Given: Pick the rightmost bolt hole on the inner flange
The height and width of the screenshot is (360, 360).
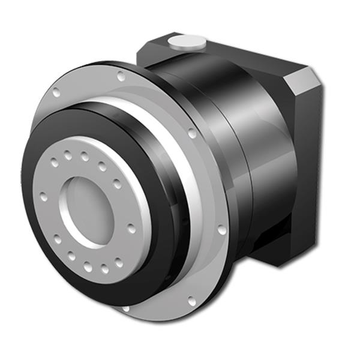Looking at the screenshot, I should pyautogui.click(x=131, y=227).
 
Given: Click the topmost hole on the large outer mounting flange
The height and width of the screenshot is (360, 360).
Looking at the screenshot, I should pyautogui.click(x=121, y=76).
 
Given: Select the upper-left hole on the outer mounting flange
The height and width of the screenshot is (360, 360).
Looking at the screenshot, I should pyautogui.click(x=57, y=93).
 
